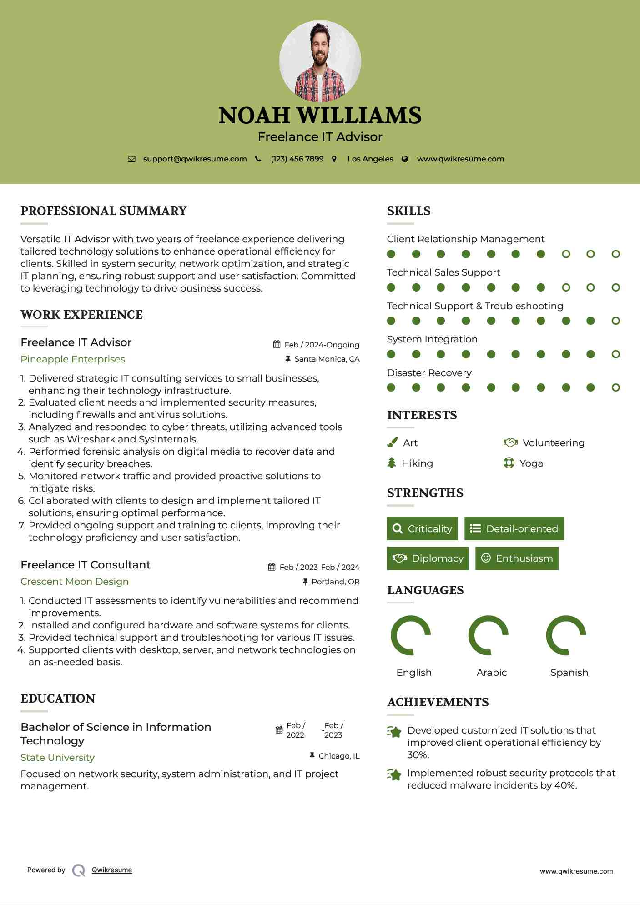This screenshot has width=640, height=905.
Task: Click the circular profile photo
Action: tap(320, 61)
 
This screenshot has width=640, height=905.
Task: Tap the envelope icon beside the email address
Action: tap(131, 159)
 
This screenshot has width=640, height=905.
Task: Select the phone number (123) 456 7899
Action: tap(297, 159)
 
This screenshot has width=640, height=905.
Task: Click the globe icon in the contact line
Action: tap(405, 159)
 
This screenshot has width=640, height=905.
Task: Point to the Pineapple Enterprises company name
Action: tap(73, 359)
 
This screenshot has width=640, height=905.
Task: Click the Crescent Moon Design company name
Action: tap(75, 582)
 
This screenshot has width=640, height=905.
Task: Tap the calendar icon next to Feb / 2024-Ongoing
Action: tap(277, 344)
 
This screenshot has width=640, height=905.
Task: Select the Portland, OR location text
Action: tap(335, 582)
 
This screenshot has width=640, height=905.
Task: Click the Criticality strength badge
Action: tap(422, 528)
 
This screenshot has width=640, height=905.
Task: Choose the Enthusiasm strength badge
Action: tap(517, 558)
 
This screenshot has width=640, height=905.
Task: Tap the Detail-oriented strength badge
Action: tap(514, 528)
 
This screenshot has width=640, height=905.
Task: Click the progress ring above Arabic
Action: tap(488, 635)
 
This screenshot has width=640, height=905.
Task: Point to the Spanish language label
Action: tap(569, 673)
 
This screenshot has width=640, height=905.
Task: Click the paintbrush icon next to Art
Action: tap(392, 442)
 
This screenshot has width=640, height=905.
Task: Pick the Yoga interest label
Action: tap(531, 463)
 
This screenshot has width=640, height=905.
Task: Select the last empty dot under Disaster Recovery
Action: tap(615, 387)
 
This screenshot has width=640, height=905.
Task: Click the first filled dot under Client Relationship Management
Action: tap(391, 254)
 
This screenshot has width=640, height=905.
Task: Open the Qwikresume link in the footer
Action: tap(112, 870)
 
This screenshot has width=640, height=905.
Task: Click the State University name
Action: tap(58, 758)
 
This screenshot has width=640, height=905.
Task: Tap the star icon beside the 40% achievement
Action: tap(394, 774)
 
